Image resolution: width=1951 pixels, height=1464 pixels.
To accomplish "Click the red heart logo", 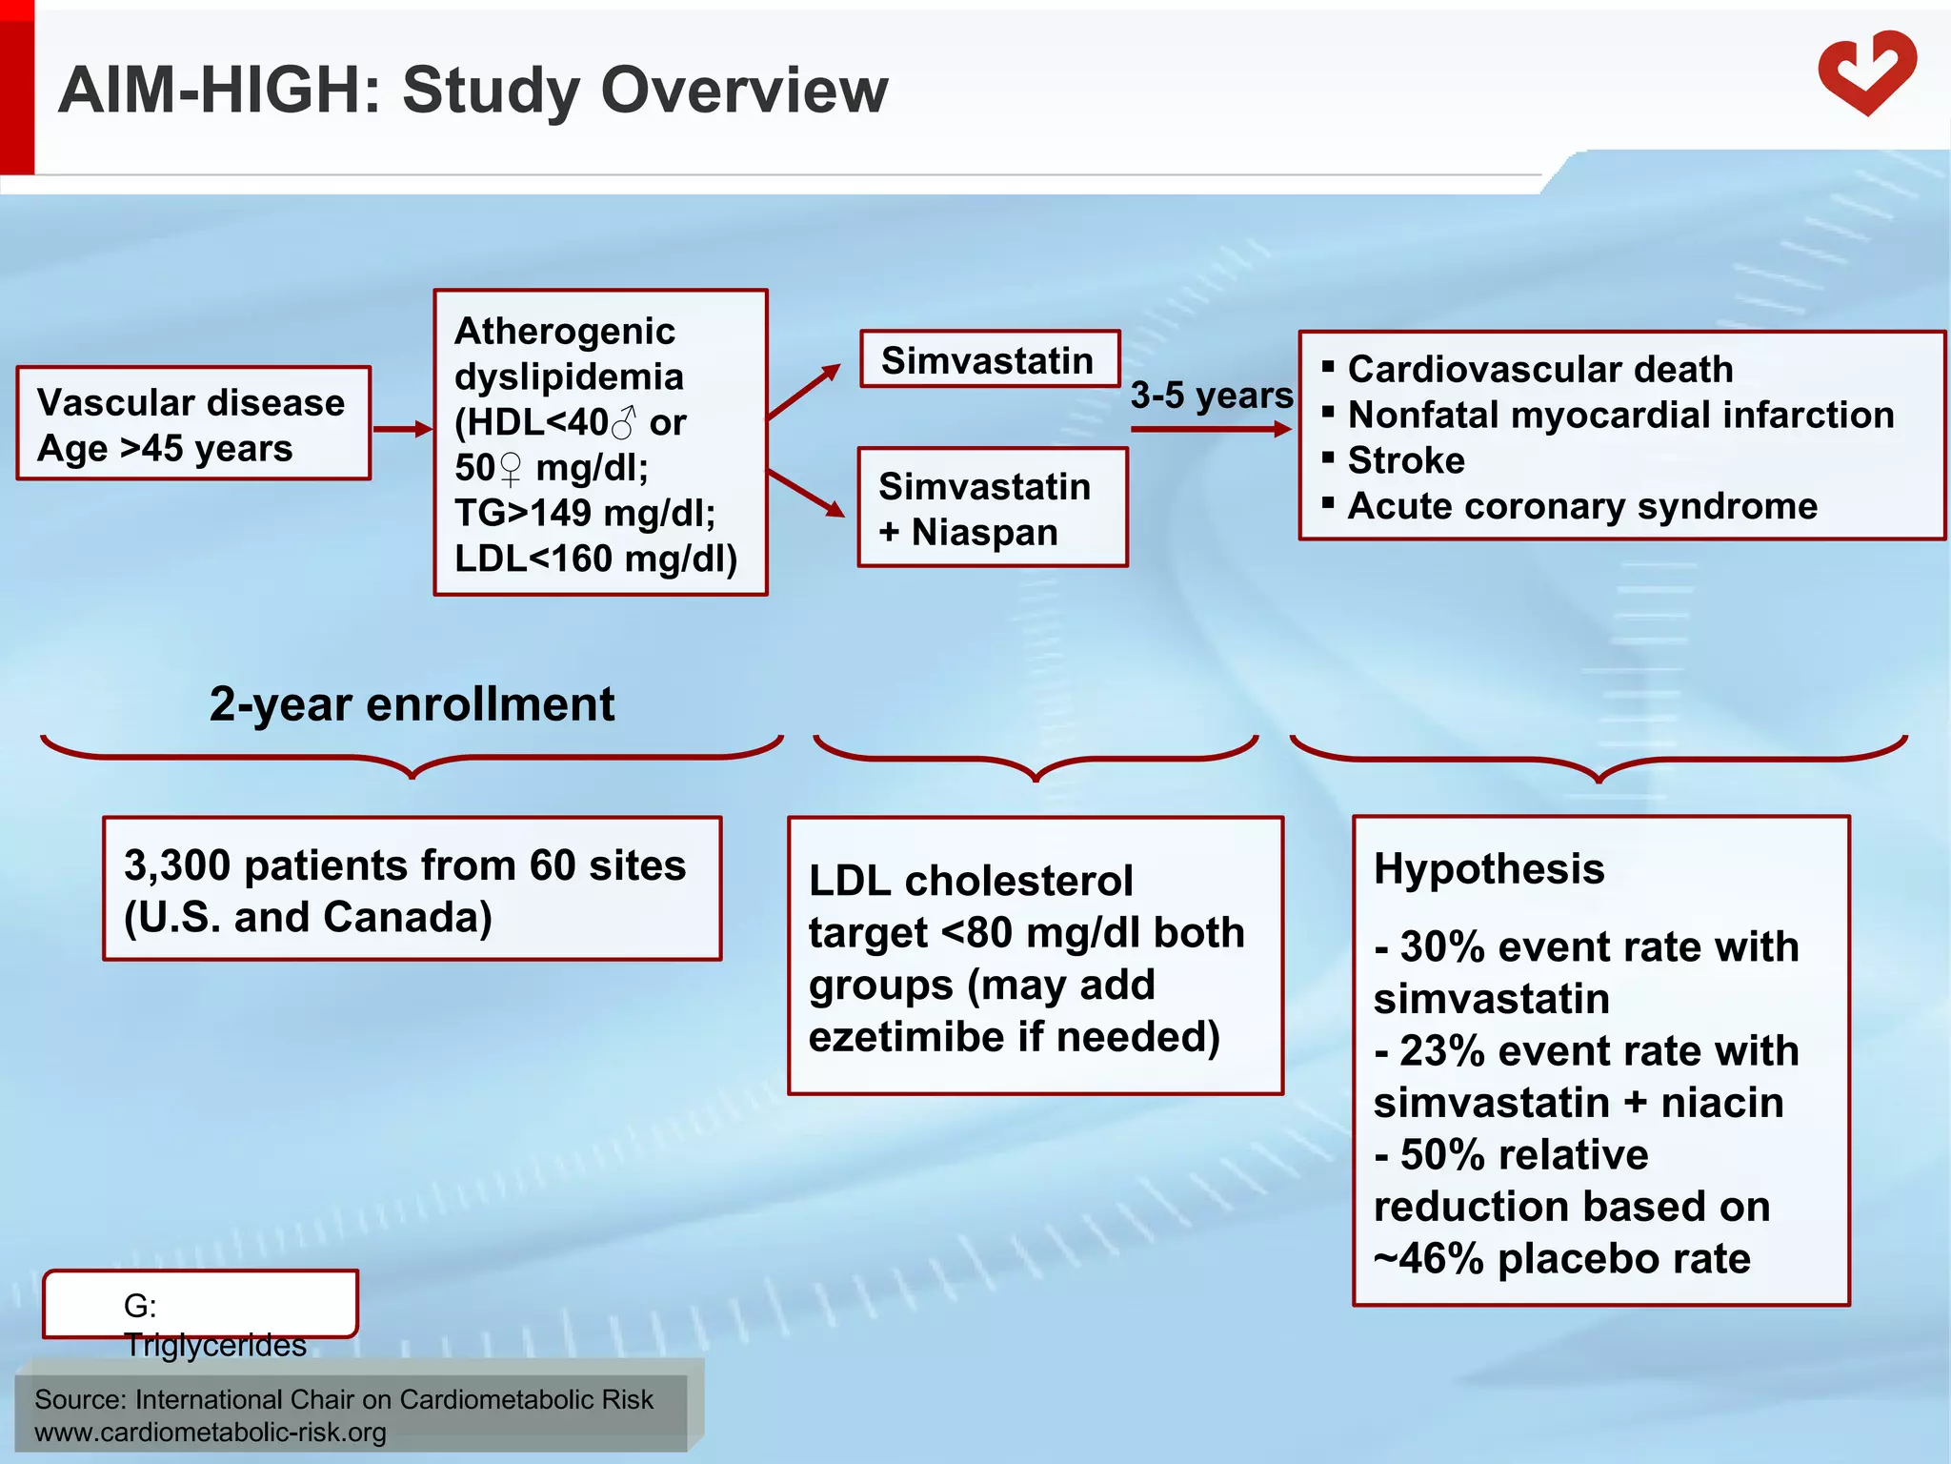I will coord(1866,74).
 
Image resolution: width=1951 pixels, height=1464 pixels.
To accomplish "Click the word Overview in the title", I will coord(744,91).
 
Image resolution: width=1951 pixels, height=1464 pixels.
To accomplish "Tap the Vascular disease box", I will coord(192,423).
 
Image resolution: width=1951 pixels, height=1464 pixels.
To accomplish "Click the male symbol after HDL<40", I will coord(623,422).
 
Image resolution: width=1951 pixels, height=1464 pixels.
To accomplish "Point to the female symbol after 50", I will coord(511,469).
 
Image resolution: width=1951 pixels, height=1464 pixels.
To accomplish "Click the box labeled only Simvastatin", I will coord(989,359).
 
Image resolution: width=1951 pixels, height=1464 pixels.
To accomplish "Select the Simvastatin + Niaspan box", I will coord(992,508).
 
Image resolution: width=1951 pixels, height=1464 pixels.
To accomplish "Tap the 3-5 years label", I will coord(1211,395).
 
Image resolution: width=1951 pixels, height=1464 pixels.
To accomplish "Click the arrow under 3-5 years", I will coord(1210,429).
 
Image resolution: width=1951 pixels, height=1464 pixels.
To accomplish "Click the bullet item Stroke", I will coord(1405,460).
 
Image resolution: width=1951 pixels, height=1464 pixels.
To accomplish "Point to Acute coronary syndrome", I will coord(1581,506).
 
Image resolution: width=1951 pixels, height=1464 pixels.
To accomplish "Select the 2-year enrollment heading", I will coord(412,704).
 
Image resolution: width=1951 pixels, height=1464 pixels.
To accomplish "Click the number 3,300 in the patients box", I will coord(177,865).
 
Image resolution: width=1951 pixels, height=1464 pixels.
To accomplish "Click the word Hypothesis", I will coord(1488,868).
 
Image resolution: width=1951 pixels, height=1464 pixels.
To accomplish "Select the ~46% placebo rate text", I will coord(1561,1258).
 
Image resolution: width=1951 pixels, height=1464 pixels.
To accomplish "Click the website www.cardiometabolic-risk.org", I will coord(211,1432).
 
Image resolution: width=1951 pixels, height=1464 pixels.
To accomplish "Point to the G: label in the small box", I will coord(140,1305).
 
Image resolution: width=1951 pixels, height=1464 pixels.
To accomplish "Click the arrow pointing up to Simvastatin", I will coord(804,392).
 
